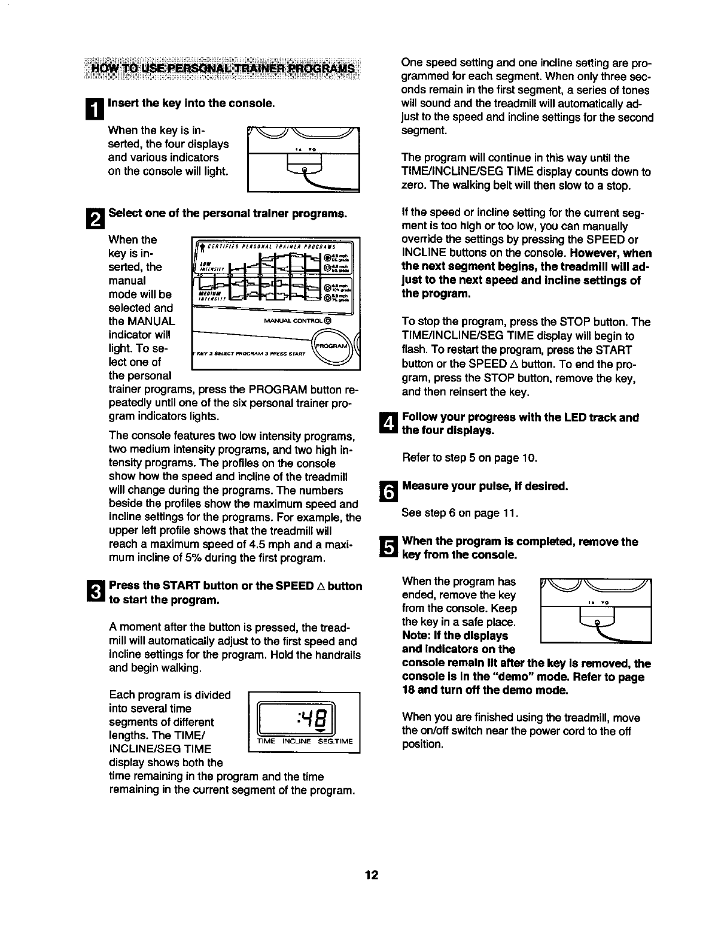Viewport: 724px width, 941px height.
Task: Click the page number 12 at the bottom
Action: coord(372,875)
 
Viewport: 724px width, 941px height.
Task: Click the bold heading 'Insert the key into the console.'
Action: coord(191,103)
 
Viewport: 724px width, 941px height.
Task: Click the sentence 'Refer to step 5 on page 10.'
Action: coord(470,459)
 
